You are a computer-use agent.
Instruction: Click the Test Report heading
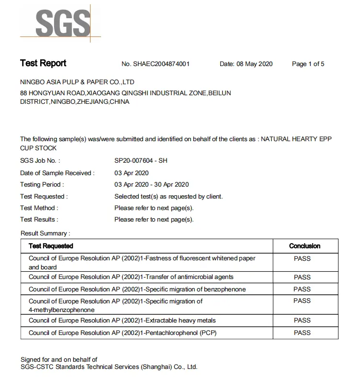point(43,63)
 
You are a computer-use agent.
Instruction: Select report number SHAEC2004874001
point(156,64)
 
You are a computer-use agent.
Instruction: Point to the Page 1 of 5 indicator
point(308,64)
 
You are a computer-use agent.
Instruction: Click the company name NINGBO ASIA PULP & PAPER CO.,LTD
point(77,82)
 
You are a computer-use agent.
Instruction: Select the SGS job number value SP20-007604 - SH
point(141,161)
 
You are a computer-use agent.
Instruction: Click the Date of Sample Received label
point(57,173)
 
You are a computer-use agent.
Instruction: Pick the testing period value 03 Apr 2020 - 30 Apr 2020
point(151,184)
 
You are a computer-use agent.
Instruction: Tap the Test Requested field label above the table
point(44,196)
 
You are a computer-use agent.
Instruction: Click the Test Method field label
point(39,208)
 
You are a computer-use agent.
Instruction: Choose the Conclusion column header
point(304,246)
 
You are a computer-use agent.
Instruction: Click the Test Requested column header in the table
point(51,246)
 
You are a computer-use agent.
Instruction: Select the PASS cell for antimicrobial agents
point(302,277)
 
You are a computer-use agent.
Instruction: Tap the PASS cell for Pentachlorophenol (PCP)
point(302,333)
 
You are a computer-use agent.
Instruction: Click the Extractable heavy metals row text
point(122,320)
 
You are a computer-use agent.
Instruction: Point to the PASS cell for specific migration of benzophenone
point(302,289)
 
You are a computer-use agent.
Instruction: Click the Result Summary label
point(45,234)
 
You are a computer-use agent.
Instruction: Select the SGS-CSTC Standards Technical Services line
point(109,367)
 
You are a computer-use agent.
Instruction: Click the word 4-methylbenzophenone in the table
point(61,310)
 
